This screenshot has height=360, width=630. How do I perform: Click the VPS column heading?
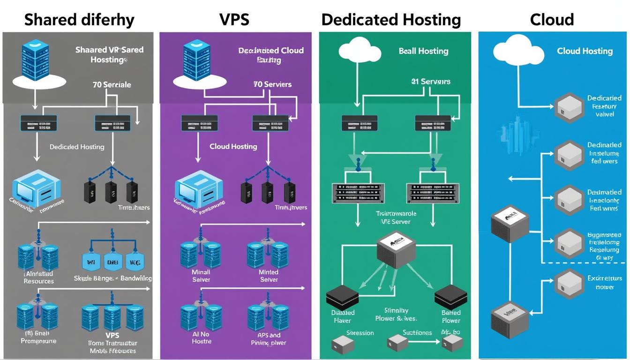[x=234, y=20]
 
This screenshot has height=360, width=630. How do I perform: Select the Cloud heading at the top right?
[x=552, y=20]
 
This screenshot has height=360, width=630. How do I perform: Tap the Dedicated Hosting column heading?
[x=391, y=20]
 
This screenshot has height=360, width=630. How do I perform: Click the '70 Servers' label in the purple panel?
[x=272, y=84]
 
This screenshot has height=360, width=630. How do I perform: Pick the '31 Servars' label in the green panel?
[x=430, y=82]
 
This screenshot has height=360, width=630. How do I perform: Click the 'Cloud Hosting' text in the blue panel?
[x=585, y=51]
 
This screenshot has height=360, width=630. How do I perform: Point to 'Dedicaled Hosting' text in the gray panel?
[x=77, y=147]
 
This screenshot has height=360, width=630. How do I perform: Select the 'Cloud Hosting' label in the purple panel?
[x=233, y=146]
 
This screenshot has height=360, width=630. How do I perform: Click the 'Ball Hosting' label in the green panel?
[x=423, y=51]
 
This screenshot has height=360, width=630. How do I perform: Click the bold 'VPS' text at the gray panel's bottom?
[x=112, y=335]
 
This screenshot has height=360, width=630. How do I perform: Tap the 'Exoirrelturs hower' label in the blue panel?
[x=604, y=283]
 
